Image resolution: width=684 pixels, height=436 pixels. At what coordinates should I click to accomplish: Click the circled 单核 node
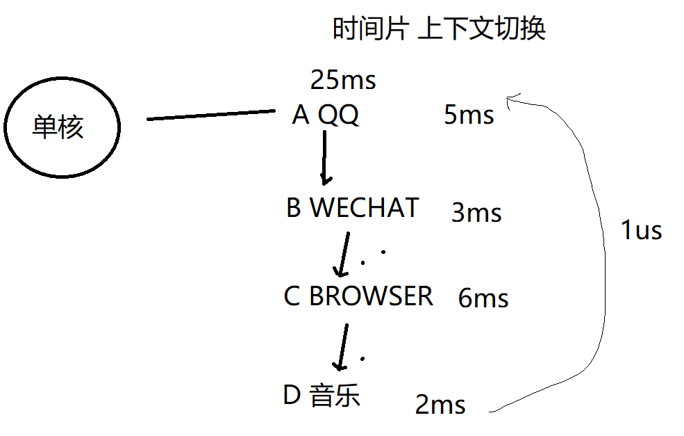61,127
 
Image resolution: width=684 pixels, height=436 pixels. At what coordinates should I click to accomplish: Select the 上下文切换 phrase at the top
482,29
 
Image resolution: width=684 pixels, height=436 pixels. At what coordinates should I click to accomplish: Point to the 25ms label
343,81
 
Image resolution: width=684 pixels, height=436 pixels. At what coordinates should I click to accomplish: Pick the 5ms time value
469,115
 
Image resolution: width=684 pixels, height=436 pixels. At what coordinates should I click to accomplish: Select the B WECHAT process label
353,207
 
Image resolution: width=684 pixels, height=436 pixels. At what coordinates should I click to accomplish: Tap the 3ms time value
476,213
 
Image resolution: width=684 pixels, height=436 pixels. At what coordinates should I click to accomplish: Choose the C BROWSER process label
358,296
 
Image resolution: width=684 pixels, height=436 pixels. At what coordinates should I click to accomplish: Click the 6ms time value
483,299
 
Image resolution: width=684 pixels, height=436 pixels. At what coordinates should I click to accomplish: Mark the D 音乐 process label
322,395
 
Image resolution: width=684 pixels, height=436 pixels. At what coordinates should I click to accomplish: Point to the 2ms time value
440,405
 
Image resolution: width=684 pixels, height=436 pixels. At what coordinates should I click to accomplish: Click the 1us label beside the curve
641,230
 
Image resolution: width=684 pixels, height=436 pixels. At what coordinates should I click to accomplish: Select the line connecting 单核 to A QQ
212,115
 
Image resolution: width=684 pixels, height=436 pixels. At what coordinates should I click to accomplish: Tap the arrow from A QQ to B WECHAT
324,157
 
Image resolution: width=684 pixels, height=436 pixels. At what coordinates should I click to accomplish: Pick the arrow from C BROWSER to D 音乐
342,346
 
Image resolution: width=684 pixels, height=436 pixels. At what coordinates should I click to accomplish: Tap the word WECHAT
364,207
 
